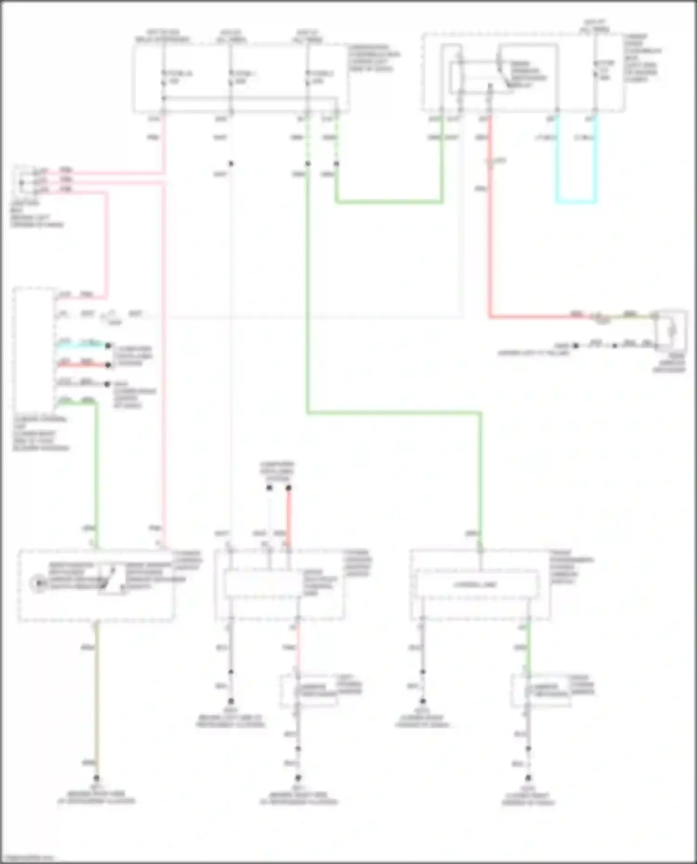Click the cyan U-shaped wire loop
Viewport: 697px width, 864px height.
click(576, 202)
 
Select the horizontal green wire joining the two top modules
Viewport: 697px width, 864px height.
click(388, 202)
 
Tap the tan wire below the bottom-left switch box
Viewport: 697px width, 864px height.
click(97, 696)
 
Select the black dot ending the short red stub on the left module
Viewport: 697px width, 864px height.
click(108, 365)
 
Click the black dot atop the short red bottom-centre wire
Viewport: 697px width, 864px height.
click(289, 488)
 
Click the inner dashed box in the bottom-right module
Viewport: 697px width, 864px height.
click(477, 585)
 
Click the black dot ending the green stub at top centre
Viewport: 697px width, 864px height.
click(336, 164)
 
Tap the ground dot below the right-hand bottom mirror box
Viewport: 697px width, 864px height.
click(528, 778)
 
